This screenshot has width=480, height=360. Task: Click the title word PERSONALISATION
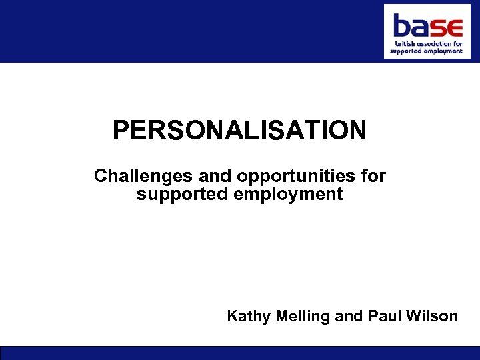239,131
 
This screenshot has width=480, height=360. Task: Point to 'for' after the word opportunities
373,177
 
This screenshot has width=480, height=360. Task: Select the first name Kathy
246,316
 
